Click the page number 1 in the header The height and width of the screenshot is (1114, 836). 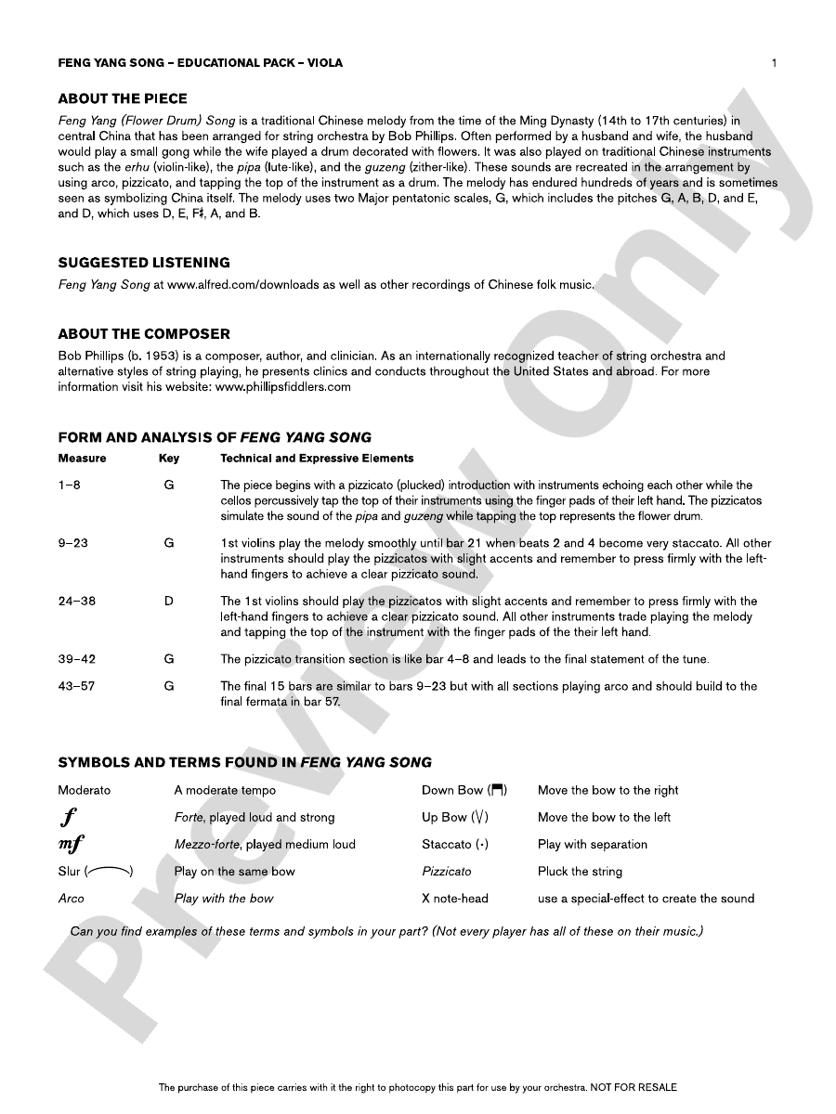(774, 63)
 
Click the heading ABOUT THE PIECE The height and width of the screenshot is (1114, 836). (123, 98)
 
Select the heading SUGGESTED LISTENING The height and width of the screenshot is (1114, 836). (144, 263)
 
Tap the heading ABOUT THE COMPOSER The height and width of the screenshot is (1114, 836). (144, 333)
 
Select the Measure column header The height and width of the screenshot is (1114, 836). (82, 459)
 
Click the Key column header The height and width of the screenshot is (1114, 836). (169, 459)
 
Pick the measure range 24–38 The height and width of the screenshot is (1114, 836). (76, 602)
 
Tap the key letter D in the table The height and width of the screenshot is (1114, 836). (169, 602)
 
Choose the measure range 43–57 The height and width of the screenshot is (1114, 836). (76, 687)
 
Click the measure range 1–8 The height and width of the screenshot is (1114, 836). (69, 486)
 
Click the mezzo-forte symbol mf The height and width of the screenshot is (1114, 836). (72, 845)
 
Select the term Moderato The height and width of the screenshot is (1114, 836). (84, 791)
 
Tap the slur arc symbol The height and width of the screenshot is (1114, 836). (109, 871)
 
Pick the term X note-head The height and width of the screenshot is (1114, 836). (454, 899)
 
